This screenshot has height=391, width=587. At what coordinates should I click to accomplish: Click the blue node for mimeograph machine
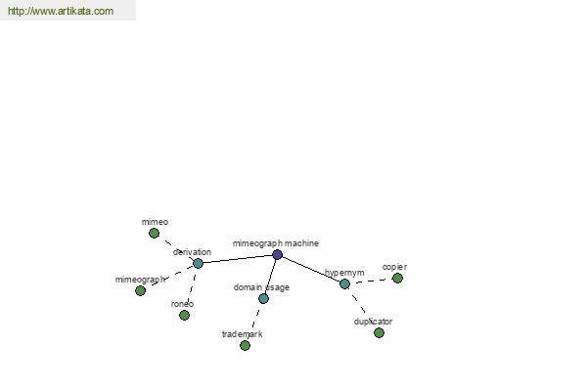(x=277, y=255)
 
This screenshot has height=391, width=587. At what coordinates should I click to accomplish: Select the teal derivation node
(x=198, y=263)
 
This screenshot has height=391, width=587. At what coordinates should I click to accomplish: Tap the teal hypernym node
(x=344, y=284)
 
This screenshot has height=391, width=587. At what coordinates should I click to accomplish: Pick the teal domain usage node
(x=263, y=298)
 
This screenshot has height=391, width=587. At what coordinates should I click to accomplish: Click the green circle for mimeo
(x=154, y=234)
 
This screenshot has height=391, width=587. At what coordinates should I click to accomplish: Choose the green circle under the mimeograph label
(x=140, y=290)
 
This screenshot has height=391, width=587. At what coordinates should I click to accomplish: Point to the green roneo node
(x=184, y=316)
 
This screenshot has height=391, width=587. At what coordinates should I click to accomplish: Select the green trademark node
(x=245, y=346)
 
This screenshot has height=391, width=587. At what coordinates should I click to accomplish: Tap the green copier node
(x=397, y=278)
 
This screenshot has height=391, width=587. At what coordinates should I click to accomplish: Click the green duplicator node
(x=379, y=332)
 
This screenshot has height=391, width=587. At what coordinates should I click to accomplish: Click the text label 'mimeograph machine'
(x=276, y=243)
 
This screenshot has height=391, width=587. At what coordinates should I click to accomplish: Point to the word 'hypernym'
(x=344, y=273)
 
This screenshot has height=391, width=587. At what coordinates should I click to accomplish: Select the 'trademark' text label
(x=243, y=334)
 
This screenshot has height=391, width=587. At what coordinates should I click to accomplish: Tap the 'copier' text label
(x=394, y=267)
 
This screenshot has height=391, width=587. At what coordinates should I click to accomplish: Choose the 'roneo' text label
(x=182, y=304)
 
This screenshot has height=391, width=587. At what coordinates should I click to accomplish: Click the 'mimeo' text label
(x=155, y=222)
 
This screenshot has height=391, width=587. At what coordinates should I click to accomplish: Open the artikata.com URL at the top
(x=61, y=11)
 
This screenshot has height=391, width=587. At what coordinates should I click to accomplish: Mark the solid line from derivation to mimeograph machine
(x=238, y=259)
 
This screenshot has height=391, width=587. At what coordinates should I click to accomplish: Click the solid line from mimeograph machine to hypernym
(x=311, y=270)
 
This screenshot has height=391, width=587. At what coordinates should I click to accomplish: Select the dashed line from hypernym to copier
(x=371, y=281)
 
